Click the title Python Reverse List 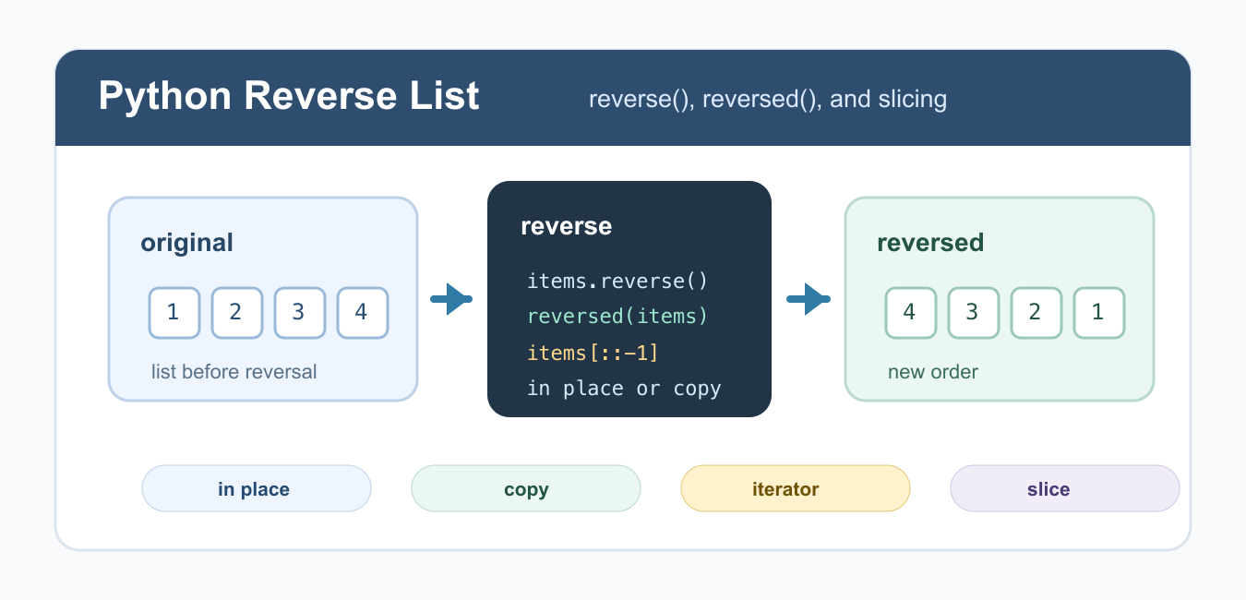point(289,96)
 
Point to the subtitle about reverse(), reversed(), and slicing point(768,100)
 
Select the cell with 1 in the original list point(174,313)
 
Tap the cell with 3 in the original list point(300,313)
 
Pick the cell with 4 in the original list point(363,313)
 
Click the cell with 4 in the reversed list point(911,313)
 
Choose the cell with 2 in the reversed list point(1036,313)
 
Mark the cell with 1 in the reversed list point(1099,313)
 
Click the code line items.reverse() point(617,282)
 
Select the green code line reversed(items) point(617,317)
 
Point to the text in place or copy point(624,389)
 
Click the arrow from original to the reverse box point(451,299)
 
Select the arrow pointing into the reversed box point(809,299)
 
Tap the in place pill point(257,488)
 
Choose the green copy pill point(526,488)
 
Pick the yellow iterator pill point(796,488)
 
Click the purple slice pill point(1065,488)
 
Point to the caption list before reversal point(234,372)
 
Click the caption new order point(933,372)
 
